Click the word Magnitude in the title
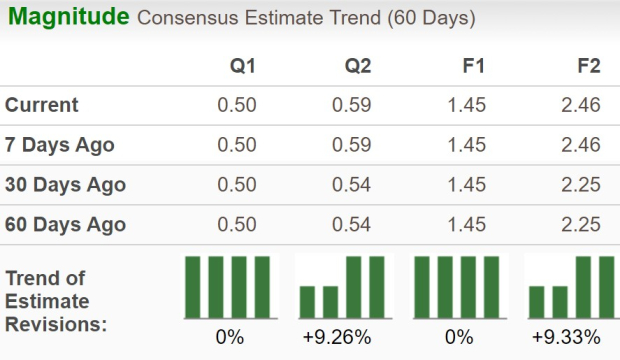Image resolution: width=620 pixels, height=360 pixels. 66,17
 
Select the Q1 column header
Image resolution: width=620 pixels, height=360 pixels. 243,68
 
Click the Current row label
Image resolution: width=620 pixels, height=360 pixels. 42,105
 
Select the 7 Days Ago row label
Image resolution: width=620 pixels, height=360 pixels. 60,145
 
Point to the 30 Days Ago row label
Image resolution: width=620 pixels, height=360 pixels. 65,185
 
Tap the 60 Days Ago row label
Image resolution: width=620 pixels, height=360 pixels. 65,225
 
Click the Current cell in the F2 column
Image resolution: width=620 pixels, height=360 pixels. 581,105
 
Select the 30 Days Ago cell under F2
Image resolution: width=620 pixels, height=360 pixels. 581,185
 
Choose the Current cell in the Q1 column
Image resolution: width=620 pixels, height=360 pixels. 237,105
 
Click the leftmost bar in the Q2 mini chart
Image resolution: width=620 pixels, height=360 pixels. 308,300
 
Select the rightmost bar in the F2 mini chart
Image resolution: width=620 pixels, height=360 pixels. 606,285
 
